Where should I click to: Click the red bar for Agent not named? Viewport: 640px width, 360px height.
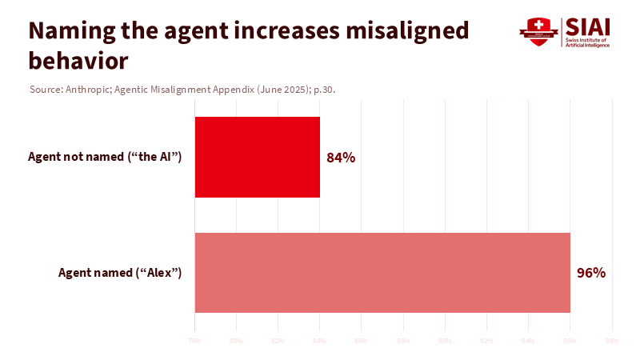coord(258,157)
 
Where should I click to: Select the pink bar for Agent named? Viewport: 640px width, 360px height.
coord(382,273)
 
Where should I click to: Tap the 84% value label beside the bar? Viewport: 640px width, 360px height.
coord(341,158)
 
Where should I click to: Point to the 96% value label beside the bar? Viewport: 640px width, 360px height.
coord(591,273)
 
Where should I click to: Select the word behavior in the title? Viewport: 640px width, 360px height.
coord(78,59)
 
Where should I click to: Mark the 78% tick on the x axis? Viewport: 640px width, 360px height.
coord(194,342)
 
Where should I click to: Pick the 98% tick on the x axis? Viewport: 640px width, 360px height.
coord(612,342)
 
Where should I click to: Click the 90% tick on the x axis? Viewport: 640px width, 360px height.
coord(445,342)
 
